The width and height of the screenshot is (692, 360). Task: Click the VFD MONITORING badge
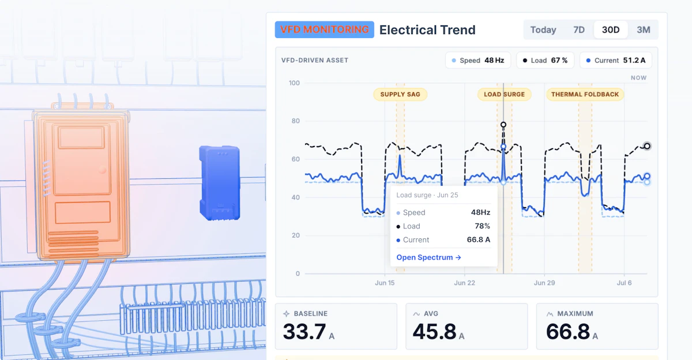tap(324, 29)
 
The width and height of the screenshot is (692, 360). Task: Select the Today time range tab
tap(543, 29)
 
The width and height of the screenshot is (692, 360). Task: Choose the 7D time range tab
tap(579, 29)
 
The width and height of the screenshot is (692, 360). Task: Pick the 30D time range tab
tap(611, 29)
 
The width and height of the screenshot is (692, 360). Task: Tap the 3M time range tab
tap(644, 29)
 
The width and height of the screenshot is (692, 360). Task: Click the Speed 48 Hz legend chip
tap(478, 60)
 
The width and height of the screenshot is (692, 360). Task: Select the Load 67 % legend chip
tap(546, 60)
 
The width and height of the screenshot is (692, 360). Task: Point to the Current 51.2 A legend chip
tap(616, 60)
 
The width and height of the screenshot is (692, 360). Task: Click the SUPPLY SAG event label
tap(400, 94)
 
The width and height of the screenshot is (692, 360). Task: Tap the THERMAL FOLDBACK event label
tap(585, 94)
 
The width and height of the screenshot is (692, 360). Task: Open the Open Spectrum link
tap(428, 257)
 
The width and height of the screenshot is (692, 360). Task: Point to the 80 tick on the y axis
tap(296, 121)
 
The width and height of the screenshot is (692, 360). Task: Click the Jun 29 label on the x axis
tap(544, 283)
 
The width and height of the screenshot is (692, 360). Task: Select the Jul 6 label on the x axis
tap(624, 283)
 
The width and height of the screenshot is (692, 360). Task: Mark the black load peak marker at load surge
tap(503, 125)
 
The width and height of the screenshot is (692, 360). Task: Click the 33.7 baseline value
tap(304, 332)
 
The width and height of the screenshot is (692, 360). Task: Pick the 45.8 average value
tap(434, 332)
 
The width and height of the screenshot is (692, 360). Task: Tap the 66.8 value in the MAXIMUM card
tap(568, 332)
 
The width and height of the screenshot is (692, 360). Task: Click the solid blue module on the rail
tap(220, 183)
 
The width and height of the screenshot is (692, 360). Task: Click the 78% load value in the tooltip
tap(482, 226)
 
